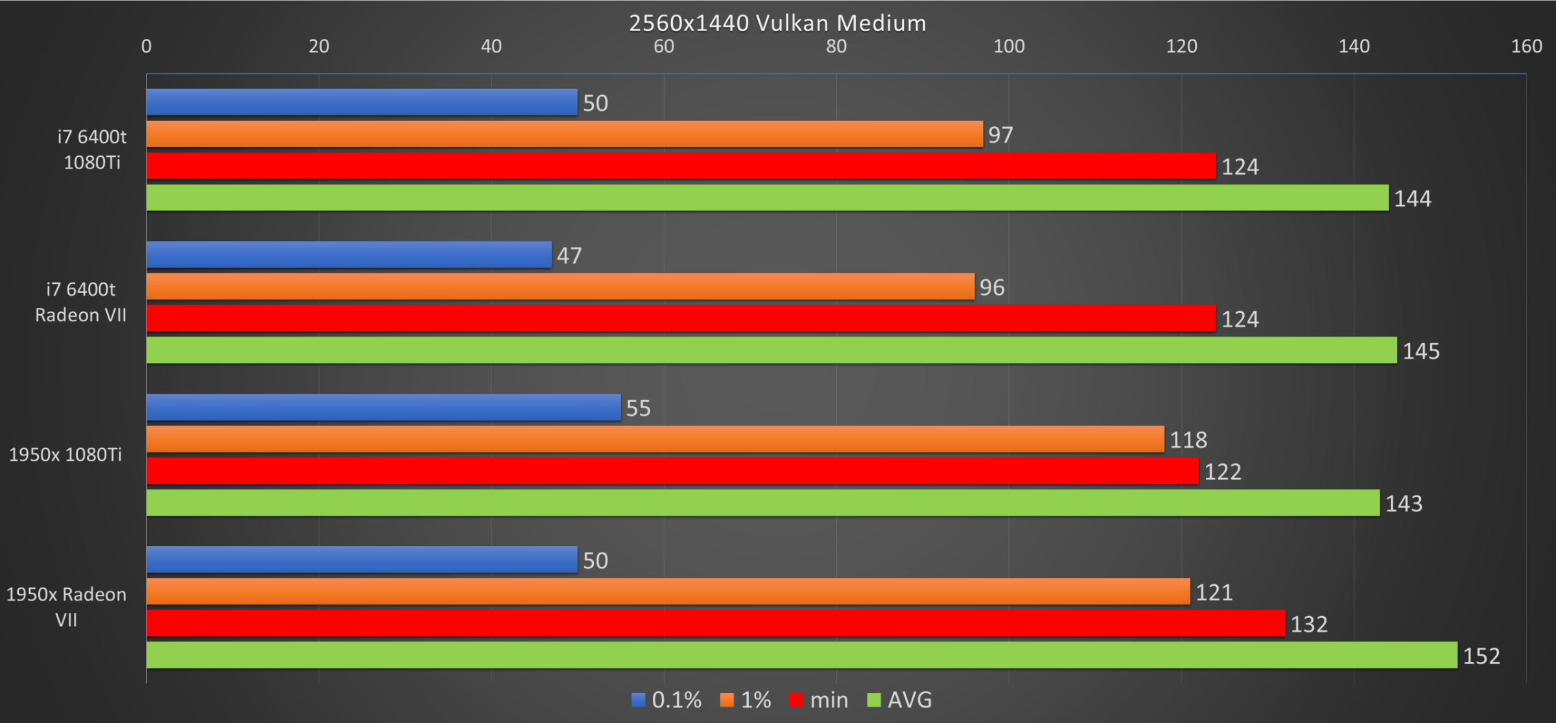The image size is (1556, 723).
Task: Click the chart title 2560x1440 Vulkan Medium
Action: (x=777, y=23)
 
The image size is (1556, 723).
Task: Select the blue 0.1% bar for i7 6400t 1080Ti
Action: (x=362, y=102)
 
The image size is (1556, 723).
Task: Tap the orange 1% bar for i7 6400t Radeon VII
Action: (x=560, y=286)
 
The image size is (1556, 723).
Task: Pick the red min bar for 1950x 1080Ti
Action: (x=672, y=471)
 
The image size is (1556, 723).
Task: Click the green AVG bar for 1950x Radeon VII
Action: (x=801, y=655)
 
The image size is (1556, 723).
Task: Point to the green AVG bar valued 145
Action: (x=772, y=350)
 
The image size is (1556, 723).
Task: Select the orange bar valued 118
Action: (x=655, y=439)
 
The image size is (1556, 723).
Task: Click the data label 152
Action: (x=1481, y=656)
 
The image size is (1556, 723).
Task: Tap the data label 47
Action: (x=569, y=256)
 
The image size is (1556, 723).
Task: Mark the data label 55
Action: (x=638, y=408)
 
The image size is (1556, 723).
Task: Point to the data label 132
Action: (x=1309, y=625)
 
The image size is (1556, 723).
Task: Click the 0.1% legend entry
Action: (x=666, y=700)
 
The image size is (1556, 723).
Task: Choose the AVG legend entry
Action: (x=900, y=700)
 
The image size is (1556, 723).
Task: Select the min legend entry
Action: (x=819, y=700)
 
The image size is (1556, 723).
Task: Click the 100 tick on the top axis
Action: (x=1009, y=46)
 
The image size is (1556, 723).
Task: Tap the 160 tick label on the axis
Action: (x=1526, y=46)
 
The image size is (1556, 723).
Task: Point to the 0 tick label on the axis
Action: (x=147, y=46)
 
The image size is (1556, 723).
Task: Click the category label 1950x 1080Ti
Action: (x=65, y=455)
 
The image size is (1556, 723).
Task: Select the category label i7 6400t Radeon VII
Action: (x=80, y=302)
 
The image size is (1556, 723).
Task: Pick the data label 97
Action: (x=1000, y=135)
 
